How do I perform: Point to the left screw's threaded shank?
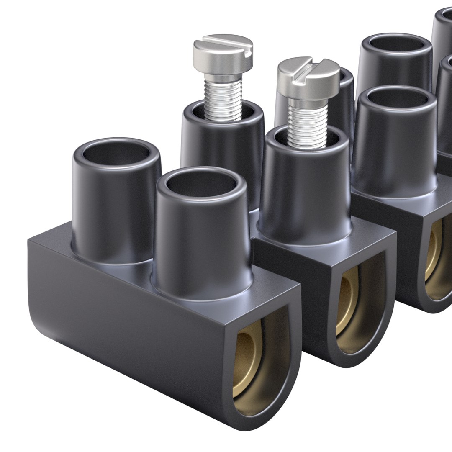click(x=223, y=98)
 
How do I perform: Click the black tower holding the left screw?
click(x=222, y=142)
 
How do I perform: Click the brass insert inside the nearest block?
click(x=251, y=360)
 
